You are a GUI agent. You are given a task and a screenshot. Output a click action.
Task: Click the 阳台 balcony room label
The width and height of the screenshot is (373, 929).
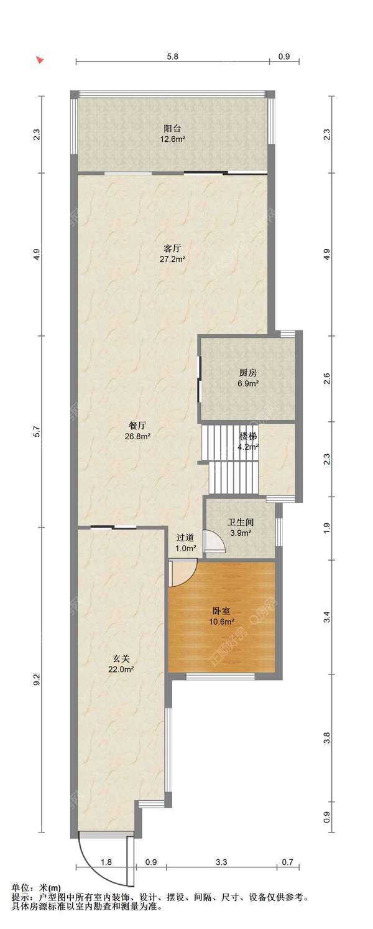tap(172, 129)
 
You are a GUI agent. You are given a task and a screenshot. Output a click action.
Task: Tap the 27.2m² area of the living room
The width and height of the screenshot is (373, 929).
tap(172, 259)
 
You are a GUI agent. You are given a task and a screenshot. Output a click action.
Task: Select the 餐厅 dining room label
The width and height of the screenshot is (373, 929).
tap(137, 426)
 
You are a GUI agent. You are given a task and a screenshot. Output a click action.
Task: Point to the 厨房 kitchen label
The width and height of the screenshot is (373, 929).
tap(248, 373)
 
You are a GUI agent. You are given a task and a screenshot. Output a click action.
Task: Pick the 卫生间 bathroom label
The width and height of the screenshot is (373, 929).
tap(241, 523)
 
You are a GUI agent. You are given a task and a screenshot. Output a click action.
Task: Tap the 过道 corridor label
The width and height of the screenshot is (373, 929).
tap(185, 538)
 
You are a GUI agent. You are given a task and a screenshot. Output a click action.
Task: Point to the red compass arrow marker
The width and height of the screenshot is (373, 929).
tap(40, 60)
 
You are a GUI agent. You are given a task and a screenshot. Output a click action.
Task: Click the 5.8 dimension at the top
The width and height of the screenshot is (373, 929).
tap(172, 57)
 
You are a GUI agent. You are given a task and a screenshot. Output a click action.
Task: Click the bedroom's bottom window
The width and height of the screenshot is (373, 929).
tap(220, 676)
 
